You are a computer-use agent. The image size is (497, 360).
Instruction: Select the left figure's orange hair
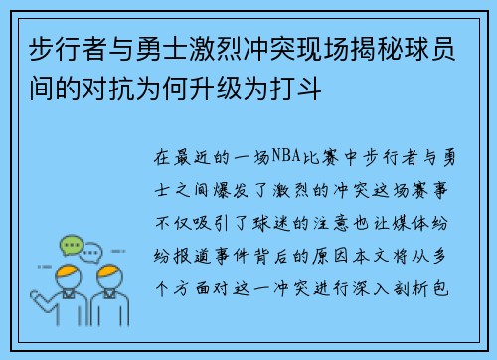(x=66, y=272)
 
